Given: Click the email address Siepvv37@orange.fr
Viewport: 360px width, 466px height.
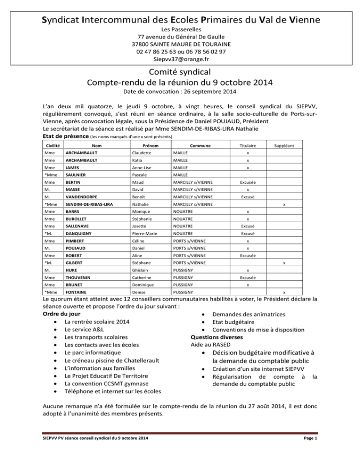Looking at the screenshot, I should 180,60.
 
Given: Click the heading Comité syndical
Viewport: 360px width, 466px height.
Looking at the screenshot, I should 180,73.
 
